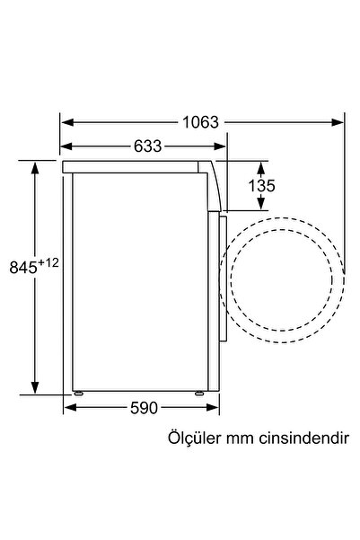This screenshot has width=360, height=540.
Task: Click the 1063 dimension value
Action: tap(200, 122)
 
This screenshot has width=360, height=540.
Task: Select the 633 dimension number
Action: tap(147, 146)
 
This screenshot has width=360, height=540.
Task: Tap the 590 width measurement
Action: tap(144, 408)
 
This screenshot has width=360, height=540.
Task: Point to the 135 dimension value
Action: tap(261, 186)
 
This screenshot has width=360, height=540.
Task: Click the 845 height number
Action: tap(23, 267)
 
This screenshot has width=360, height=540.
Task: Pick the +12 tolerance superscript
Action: tap(48, 262)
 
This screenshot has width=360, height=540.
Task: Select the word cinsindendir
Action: tap(304, 438)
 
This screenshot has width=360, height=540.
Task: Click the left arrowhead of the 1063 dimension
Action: tap(67, 122)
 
